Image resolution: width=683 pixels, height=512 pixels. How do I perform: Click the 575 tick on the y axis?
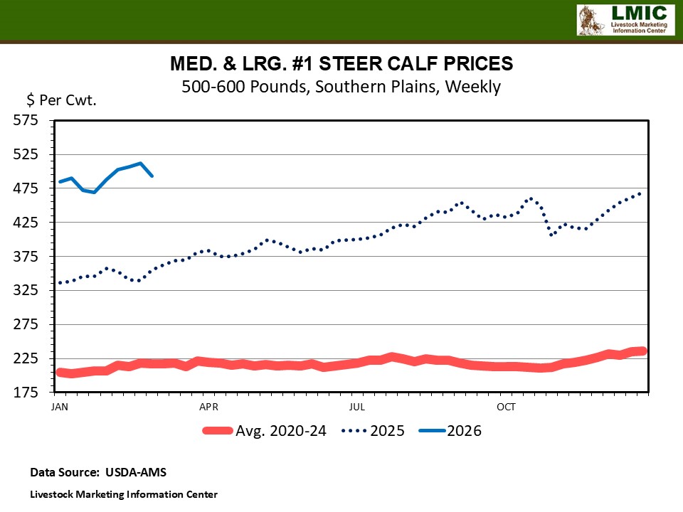(27, 120)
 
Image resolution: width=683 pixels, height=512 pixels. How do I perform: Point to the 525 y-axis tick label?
(27, 154)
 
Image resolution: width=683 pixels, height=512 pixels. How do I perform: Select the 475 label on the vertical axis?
(27, 188)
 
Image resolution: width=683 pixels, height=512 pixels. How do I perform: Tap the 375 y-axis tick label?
(27, 257)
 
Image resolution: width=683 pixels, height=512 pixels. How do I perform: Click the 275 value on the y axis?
(27, 324)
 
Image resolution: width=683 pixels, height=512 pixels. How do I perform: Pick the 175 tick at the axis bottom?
(27, 393)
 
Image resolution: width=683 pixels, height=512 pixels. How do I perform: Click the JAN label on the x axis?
(60, 407)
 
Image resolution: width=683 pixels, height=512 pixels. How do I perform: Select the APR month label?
(208, 407)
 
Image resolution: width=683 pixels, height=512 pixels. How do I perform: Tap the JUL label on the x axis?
(357, 407)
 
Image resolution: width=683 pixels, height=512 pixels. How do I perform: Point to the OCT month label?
(506, 407)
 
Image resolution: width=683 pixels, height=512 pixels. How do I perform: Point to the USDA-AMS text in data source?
(135, 471)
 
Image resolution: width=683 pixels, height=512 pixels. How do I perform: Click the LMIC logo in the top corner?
(624, 19)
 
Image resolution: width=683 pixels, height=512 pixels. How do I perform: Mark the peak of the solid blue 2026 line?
(141, 163)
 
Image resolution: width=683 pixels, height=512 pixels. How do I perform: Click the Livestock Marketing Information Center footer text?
(124, 494)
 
